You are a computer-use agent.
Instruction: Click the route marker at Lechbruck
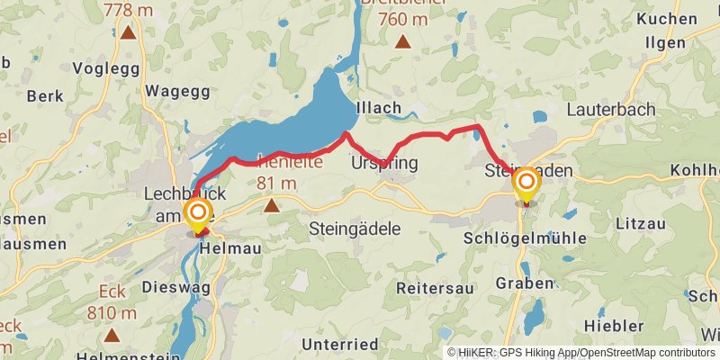click(198, 214)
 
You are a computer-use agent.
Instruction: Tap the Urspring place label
click(385, 164)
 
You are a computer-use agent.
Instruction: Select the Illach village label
click(379, 108)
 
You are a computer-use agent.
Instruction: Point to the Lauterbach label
click(611, 109)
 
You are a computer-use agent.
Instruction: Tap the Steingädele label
click(355, 229)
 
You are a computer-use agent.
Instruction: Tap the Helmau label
click(224, 247)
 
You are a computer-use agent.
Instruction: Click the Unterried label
click(340, 344)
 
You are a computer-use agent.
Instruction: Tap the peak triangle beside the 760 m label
click(402, 40)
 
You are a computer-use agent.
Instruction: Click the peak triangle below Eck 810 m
click(112, 335)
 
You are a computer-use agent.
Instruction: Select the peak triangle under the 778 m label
click(129, 33)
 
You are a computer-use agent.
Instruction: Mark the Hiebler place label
click(614, 325)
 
